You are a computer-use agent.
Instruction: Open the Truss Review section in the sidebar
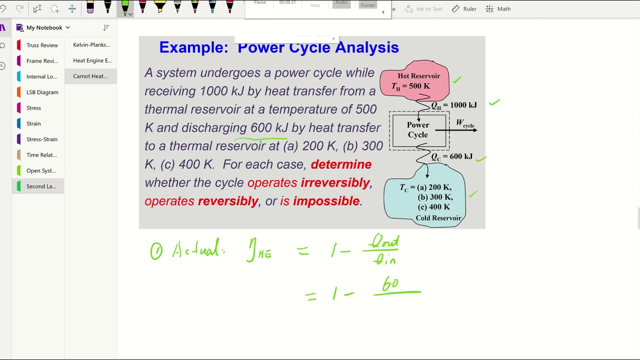point(42,45)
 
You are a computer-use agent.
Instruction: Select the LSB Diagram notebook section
point(42,92)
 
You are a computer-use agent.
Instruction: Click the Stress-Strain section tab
point(41,139)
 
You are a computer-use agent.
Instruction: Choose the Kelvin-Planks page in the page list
point(91,45)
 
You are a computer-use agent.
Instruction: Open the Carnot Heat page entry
point(90,76)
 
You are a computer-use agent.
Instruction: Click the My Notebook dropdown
point(48,27)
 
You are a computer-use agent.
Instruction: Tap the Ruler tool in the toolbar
point(464,9)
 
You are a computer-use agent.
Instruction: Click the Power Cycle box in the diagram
point(418,130)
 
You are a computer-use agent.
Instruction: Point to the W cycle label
point(465,123)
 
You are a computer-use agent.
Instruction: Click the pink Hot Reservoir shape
point(414,80)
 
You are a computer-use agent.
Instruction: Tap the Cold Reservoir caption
point(438,218)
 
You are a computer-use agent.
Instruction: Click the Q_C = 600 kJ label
point(451,156)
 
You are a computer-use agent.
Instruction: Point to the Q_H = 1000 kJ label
point(454,105)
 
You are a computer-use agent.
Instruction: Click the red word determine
point(341,164)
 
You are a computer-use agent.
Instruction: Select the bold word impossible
point(326,201)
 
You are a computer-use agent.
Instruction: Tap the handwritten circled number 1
point(156,250)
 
